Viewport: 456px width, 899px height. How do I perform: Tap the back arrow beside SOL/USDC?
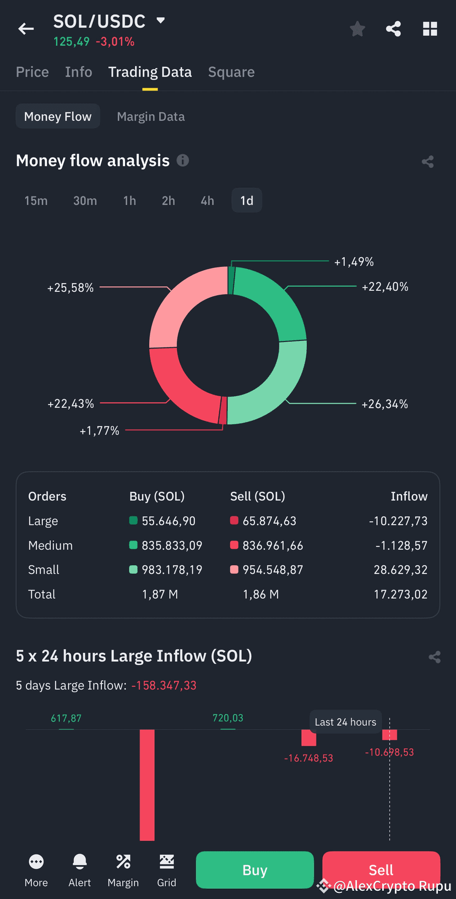click(x=26, y=29)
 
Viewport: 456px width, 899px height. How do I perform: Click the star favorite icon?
click(x=357, y=29)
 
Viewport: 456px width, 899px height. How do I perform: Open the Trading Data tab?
click(x=150, y=72)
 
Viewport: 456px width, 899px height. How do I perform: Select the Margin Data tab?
click(x=151, y=116)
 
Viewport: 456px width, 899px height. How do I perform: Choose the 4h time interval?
click(x=207, y=201)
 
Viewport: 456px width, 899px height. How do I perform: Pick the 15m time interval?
click(x=36, y=201)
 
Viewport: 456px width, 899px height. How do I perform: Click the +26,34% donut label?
click(x=384, y=404)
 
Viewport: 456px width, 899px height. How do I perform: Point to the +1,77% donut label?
click(x=99, y=431)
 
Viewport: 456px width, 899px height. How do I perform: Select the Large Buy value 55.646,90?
click(x=169, y=521)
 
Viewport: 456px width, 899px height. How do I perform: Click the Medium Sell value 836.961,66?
click(x=273, y=545)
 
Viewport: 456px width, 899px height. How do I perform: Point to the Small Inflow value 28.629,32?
click(x=400, y=570)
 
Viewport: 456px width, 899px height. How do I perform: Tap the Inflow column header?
click(x=409, y=496)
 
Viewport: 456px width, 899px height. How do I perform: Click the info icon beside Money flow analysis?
click(x=183, y=160)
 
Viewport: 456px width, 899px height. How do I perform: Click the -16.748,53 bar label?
click(x=308, y=758)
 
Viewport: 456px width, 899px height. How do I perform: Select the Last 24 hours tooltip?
click(x=345, y=722)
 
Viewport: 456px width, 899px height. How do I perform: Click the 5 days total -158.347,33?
click(x=164, y=686)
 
